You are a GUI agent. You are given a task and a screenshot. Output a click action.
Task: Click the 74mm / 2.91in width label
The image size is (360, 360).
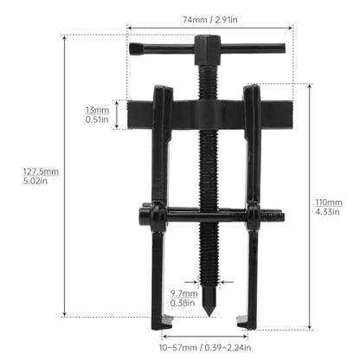(210, 20)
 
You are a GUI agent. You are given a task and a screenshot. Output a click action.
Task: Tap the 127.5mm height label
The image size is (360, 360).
(41, 171)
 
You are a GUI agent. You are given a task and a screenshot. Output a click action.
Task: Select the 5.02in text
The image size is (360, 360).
(35, 181)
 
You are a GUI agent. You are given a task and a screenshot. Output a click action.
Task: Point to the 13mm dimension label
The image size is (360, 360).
(97, 110)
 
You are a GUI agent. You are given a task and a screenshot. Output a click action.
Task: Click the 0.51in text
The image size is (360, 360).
(97, 119)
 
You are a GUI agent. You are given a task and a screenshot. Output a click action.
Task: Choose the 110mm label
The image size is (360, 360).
(329, 202)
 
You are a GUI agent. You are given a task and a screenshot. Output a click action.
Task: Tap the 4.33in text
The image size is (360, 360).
(327, 212)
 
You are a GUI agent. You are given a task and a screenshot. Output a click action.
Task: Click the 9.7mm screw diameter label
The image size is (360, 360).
(183, 293)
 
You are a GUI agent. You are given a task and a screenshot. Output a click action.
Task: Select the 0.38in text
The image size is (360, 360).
(183, 303)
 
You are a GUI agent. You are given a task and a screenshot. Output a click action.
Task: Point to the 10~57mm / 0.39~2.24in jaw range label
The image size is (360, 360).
(205, 348)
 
